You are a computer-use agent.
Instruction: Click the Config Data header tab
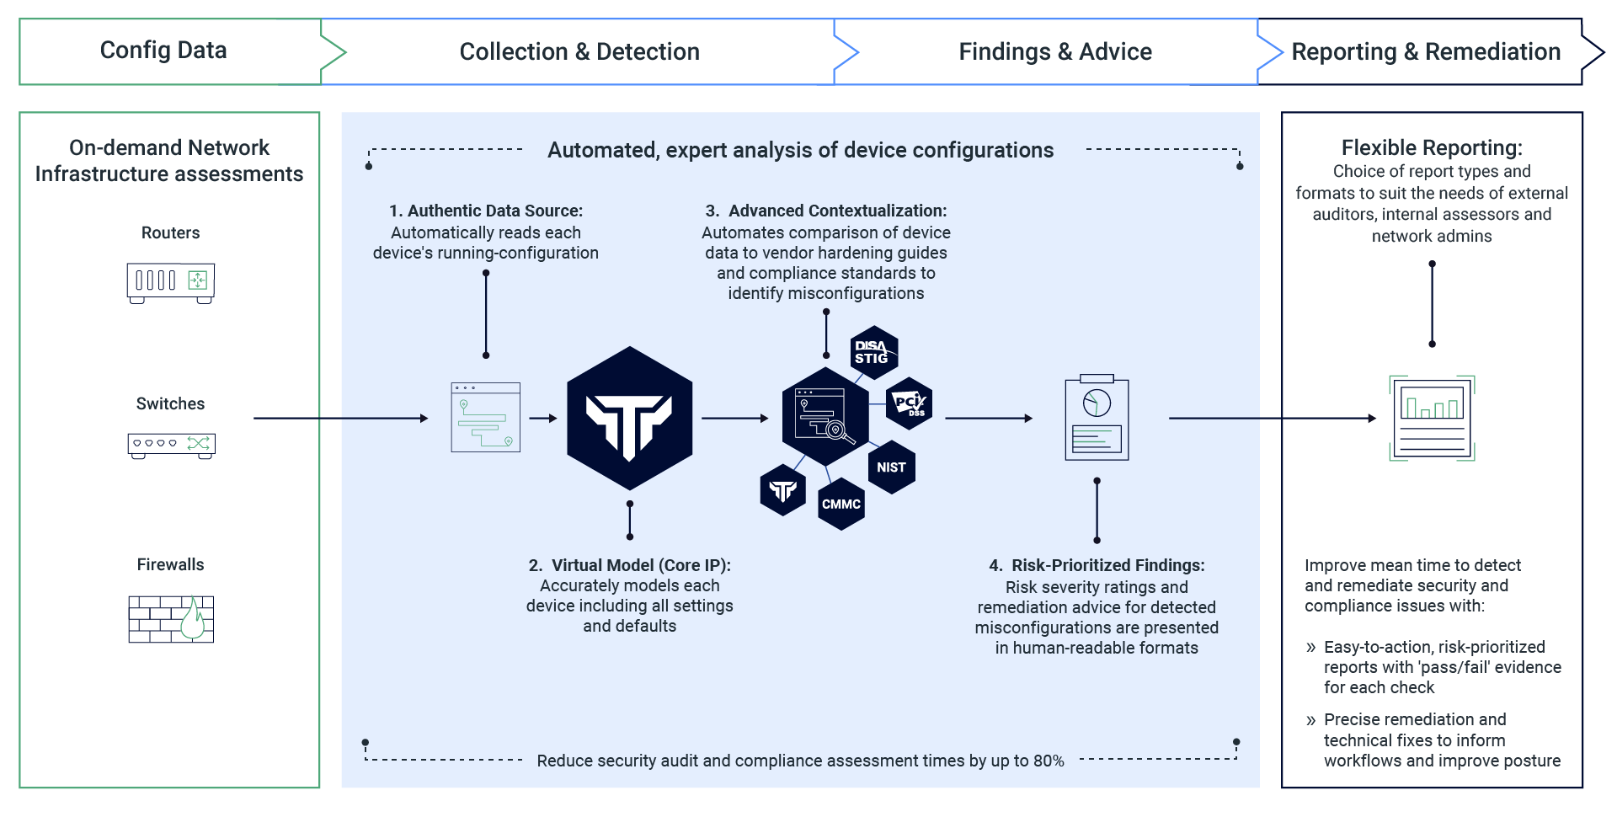click(163, 51)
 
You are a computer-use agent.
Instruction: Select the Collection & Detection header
click(579, 51)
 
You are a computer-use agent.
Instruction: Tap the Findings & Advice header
click(1054, 51)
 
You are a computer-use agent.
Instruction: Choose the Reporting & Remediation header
click(1426, 51)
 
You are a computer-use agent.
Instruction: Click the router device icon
click(170, 281)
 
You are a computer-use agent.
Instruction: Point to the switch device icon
click(170, 444)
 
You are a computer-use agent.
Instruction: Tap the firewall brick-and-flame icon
click(170, 618)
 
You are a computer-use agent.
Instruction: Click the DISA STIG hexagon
click(873, 352)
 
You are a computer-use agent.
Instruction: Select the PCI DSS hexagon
click(910, 403)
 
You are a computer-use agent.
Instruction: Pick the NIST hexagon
click(891, 467)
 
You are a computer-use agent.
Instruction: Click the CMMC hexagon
click(841, 504)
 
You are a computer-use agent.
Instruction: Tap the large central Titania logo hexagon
click(629, 419)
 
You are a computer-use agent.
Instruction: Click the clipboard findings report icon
click(1097, 418)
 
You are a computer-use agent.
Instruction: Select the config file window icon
click(485, 418)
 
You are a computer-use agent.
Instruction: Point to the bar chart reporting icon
click(1432, 418)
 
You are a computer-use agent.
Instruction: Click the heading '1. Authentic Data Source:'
click(486, 211)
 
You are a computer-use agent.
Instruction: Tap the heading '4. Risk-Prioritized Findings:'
click(1097, 565)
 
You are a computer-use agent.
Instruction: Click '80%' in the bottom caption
click(1049, 761)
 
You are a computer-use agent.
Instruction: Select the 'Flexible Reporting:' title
click(1432, 148)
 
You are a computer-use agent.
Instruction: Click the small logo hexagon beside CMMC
click(782, 490)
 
